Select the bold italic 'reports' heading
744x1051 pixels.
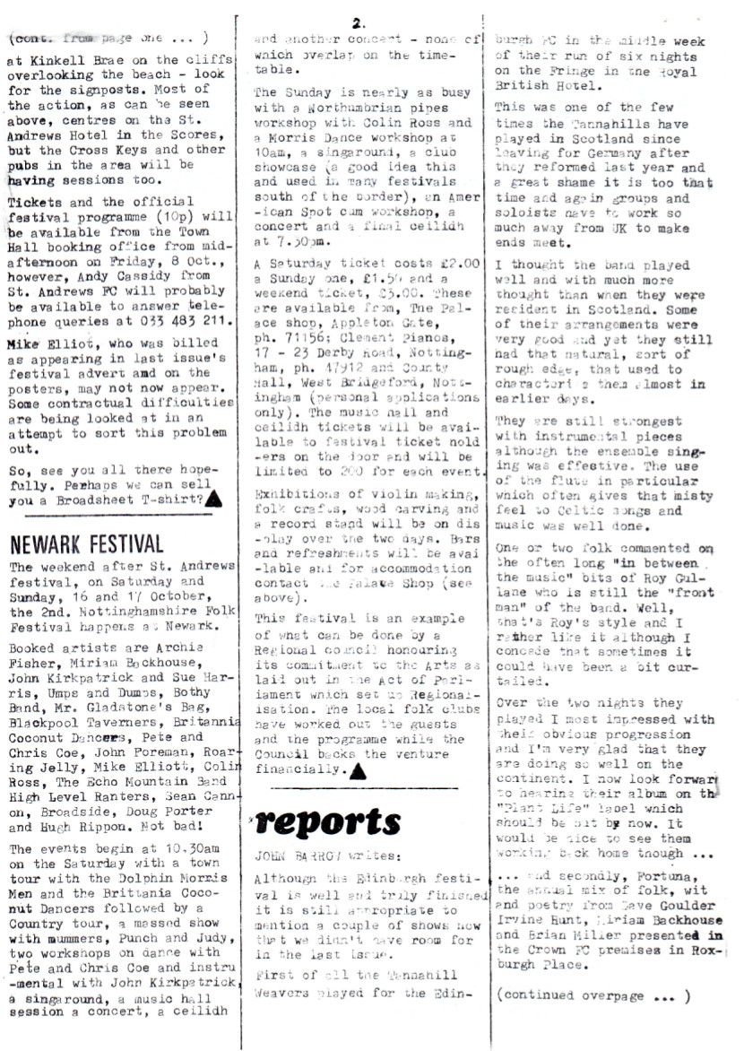pyautogui.click(x=328, y=821)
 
